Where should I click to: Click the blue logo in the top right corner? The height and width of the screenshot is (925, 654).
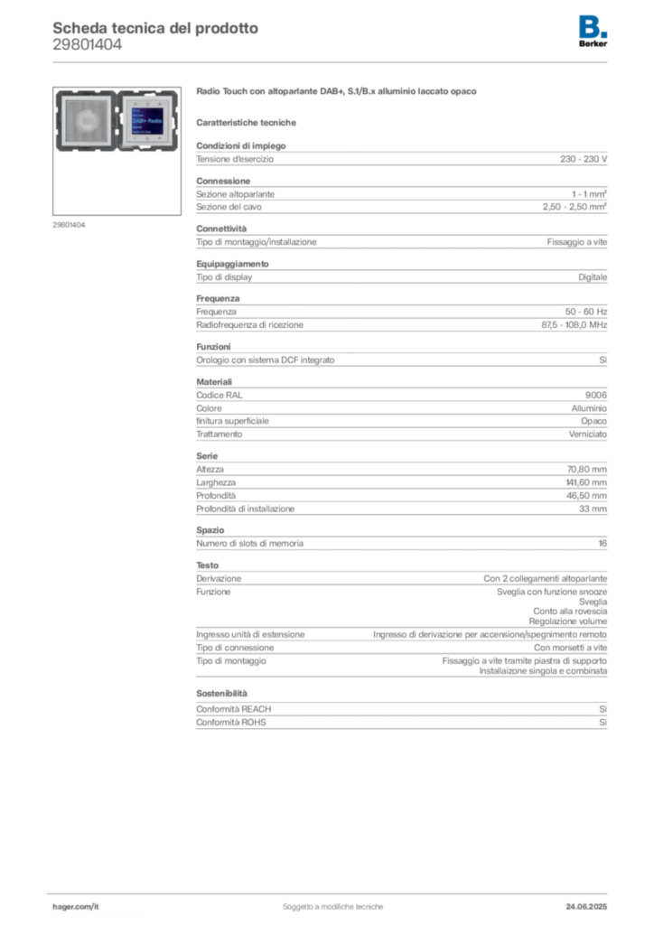tap(593, 25)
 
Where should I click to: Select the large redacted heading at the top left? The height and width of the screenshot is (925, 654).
tap(154, 28)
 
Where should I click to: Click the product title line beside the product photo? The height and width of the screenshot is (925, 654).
tap(340, 92)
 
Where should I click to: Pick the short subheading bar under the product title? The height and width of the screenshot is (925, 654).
tap(249, 121)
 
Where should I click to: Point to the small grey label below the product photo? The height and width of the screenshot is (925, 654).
tap(69, 224)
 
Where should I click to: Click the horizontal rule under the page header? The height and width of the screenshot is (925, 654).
tap(332, 61)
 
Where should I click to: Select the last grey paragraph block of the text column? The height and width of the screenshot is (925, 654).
tap(401, 714)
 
